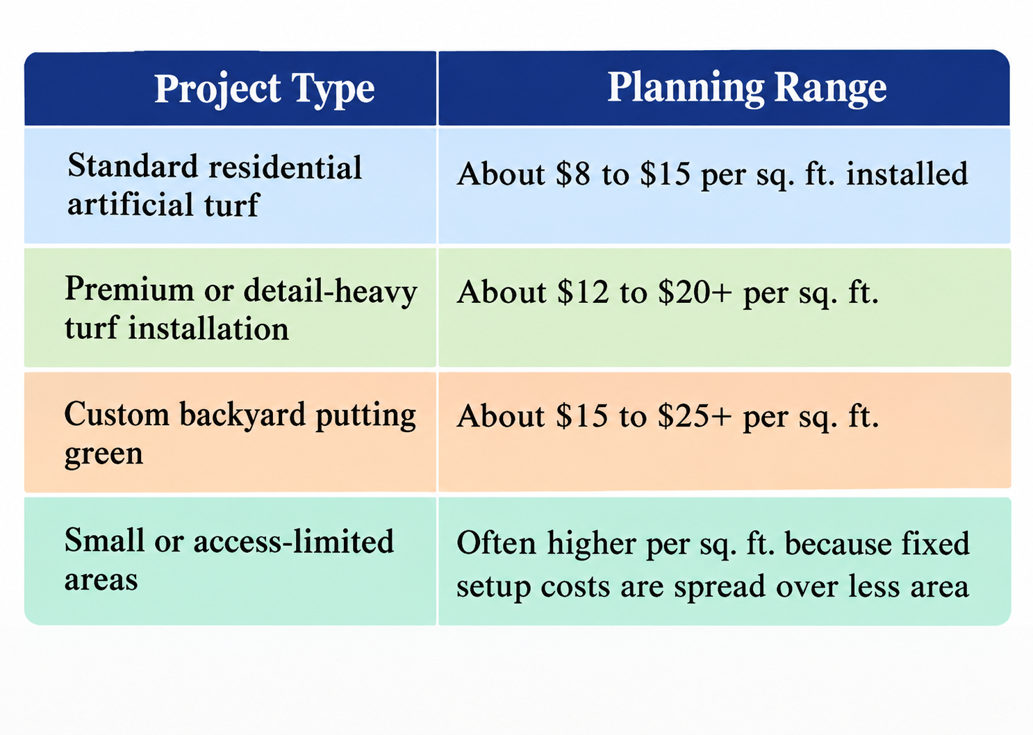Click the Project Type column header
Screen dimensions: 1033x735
[x=264, y=89]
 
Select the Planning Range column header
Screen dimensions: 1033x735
[x=747, y=88]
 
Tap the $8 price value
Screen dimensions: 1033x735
[x=573, y=174]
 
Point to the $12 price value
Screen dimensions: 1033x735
[x=583, y=292]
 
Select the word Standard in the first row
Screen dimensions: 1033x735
[x=133, y=166]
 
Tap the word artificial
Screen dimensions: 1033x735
[x=130, y=204]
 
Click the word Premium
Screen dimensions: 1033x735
[x=129, y=289]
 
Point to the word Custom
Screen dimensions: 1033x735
[x=117, y=413]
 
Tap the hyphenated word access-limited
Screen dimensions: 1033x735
[x=293, y=540]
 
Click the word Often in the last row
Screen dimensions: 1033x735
[x=496, y=543]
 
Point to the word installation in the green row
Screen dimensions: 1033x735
[x=208, y=329]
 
